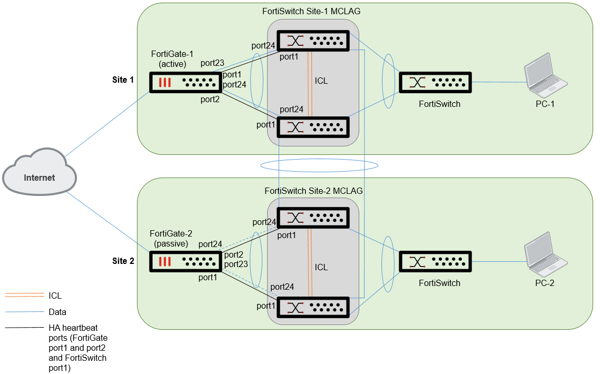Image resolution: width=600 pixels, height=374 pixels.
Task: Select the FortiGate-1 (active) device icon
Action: tap(185, 83)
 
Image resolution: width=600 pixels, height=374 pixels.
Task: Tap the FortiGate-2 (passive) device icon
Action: tap(185, 262)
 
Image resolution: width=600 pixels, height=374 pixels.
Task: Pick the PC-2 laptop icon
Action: tap(546, 254)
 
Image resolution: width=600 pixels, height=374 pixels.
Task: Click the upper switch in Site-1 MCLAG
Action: tap(314, 41)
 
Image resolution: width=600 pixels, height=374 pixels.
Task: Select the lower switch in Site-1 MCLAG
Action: tap(314, 127)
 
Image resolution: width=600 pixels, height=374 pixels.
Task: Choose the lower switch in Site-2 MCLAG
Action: tap(314, 307)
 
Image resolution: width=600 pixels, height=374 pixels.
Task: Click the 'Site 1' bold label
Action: tap(123, 80)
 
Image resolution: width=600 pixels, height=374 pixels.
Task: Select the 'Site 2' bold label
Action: tap(123, 261)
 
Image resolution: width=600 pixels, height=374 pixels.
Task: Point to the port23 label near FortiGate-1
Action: tap(212, 63)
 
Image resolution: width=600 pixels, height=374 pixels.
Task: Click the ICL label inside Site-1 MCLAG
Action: tap(321, 81)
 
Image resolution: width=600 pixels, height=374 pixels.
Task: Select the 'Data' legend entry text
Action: tap(57, 312)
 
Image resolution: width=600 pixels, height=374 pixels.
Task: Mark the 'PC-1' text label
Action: tap(545, 104)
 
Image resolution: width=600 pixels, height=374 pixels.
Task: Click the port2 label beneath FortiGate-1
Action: tap(209, 99)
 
